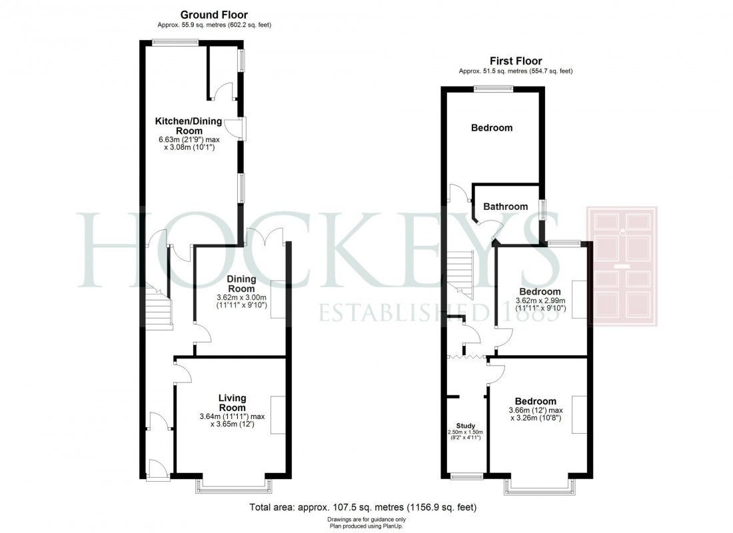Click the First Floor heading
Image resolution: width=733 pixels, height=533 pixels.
point(516,61)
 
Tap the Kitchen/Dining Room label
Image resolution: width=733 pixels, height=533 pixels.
point(189,125)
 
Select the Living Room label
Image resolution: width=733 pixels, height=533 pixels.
point(232,402)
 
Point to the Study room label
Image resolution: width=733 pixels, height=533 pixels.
point(465,425)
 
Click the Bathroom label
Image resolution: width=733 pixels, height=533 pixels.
point(506,207)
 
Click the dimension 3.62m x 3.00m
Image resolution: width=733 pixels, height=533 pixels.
point(241,298)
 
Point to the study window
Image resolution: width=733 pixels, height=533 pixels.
point(466,476)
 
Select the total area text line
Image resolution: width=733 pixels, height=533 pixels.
point(363,507)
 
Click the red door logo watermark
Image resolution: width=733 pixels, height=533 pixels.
point(621,266)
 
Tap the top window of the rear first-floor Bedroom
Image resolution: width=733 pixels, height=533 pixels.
point(493,88)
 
